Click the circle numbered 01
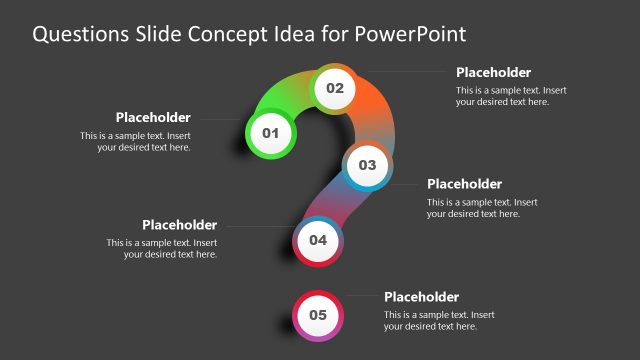269,132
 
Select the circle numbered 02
334,88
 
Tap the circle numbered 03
367,164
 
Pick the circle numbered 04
318,240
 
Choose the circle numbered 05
318,315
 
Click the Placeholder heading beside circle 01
153,118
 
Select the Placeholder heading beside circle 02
493,72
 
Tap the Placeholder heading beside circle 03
464,184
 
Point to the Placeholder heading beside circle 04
179,225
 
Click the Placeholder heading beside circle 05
421,297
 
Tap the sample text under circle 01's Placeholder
136,141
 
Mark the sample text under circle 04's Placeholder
162,249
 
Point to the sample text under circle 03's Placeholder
474,208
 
